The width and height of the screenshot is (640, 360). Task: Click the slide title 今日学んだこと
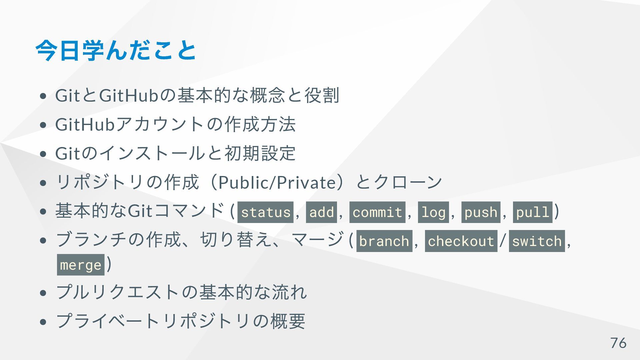coord(116,51)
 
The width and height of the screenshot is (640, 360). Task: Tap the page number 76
coord(618,343)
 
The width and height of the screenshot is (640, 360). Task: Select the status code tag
coord(265,212)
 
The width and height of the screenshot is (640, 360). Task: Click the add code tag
coord(321,212)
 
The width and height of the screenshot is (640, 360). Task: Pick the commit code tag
coord(377,212)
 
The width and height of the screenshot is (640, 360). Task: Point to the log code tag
coord(433,212)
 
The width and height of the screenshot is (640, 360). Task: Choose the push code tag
coord(481,212)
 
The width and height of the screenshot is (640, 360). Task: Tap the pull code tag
coord(532,212)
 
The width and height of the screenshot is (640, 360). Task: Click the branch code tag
coord(384,241)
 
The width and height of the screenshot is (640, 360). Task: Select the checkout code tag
coord(461,241)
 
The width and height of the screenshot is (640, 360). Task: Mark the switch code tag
coord(537,241)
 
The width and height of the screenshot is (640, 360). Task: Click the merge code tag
coord(81,265)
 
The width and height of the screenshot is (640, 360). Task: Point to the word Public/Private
coord(277,182)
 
